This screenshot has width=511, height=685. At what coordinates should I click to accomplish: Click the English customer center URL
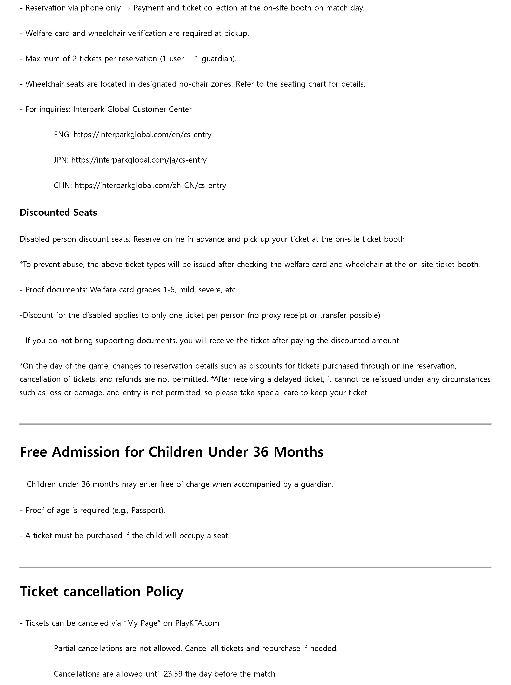pos(142,135)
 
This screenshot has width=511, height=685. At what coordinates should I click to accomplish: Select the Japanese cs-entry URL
pos(139,160)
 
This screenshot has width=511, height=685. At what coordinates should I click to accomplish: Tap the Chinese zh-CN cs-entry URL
pos(150,185)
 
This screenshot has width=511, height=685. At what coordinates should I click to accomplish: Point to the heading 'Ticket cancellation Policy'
pos(102,591)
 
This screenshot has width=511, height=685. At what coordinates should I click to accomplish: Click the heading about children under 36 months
pos(172,452)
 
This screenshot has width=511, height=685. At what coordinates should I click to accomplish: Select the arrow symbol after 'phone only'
pos(127,8)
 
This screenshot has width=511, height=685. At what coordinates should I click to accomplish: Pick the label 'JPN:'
pos(61,160)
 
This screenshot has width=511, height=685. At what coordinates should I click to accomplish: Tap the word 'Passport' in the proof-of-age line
pos(147,510)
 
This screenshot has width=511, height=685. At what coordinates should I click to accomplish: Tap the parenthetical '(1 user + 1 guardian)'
pos(198,59)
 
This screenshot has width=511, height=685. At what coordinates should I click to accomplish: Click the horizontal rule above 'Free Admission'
pos(255,424)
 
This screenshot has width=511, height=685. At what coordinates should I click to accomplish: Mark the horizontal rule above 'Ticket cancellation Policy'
pos(255,567)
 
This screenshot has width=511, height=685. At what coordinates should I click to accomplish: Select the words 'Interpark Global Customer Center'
pos(132,109)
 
